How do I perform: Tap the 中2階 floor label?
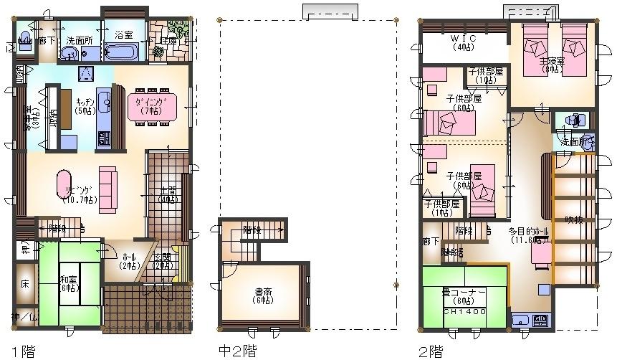coord(236,351)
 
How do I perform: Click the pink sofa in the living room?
coord(107,185)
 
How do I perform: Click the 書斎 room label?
coord(263,295)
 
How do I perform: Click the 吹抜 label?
coord(574,219)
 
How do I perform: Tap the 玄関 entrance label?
coord(161,261)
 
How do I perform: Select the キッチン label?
coord(85,106)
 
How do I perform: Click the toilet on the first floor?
coord(24,39)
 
